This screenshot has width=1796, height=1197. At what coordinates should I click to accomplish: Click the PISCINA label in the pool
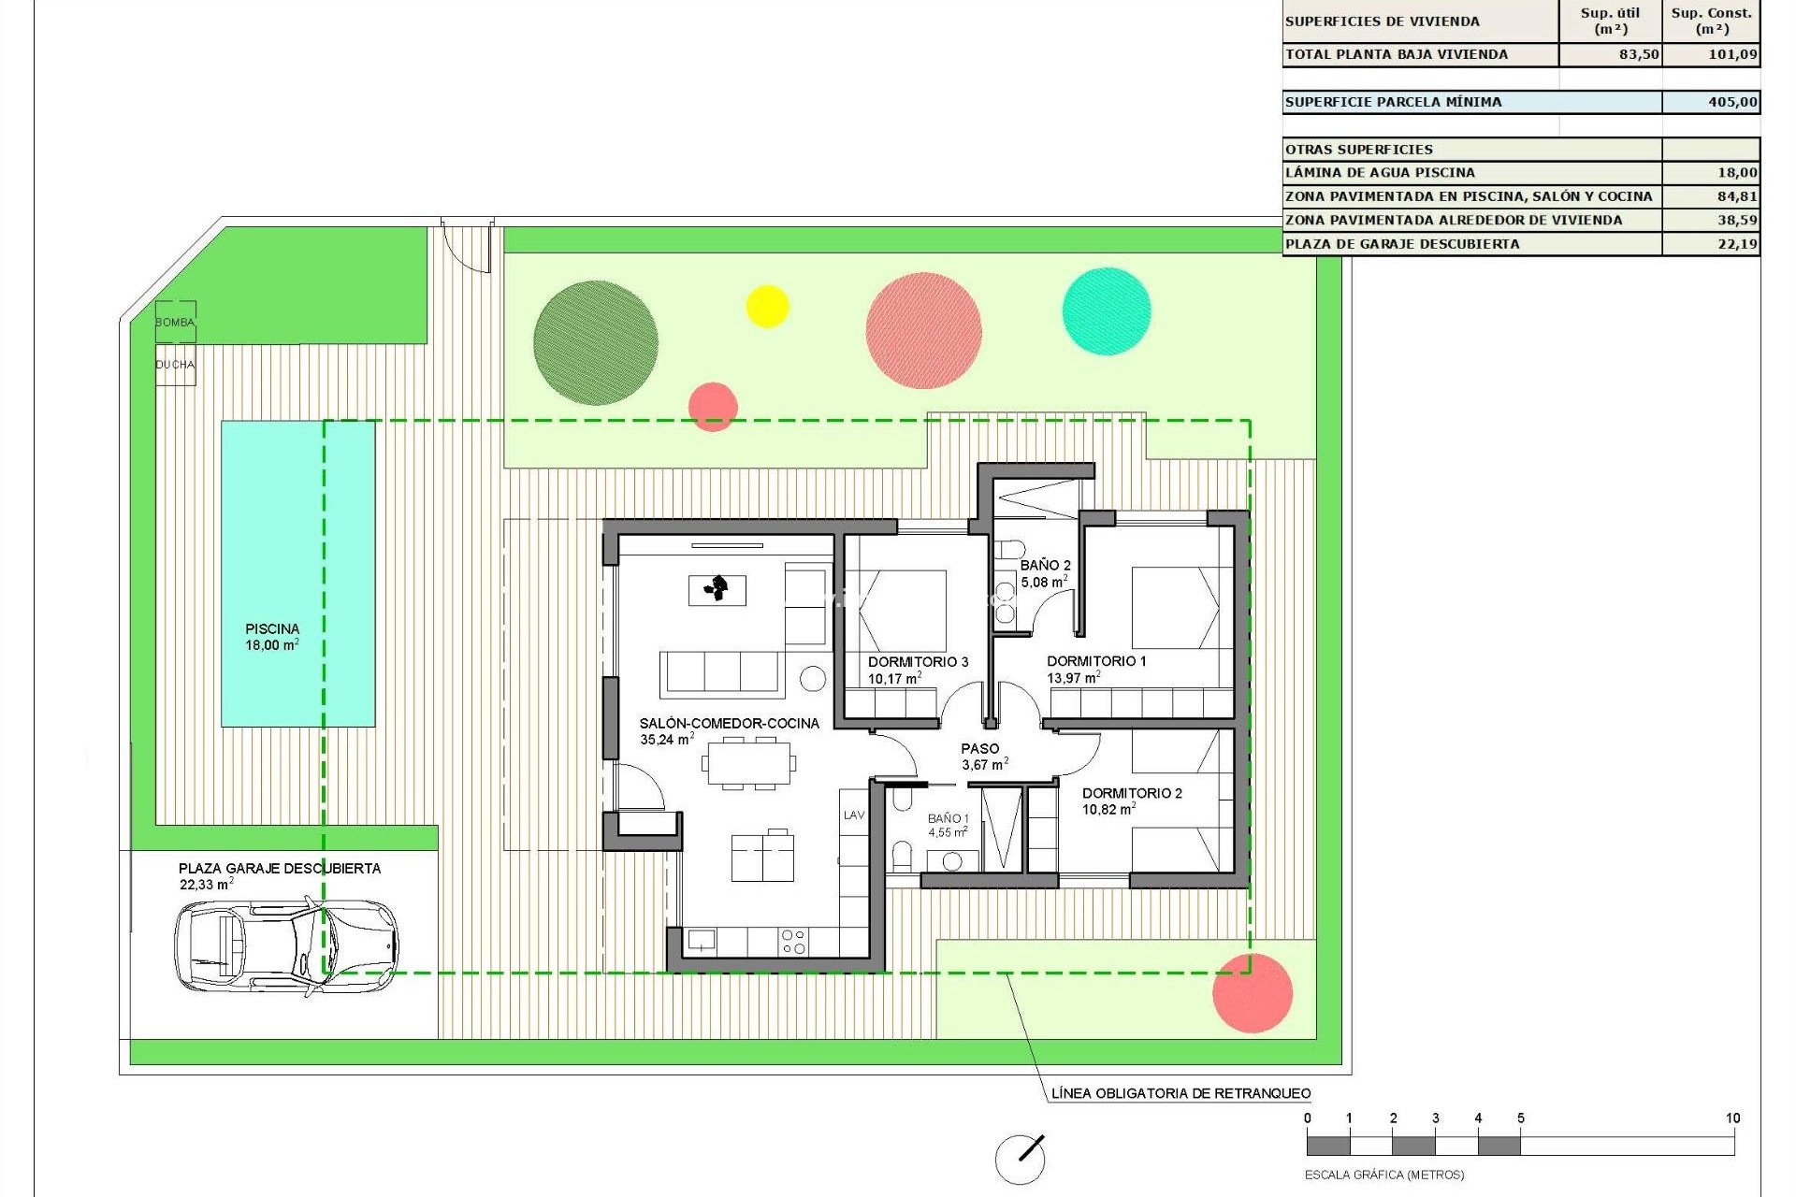(x=272, y=629)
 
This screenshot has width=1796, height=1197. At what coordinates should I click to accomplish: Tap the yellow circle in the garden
(x=767, y=306)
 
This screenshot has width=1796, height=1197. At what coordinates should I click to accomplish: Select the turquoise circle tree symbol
(x=1107, y=311)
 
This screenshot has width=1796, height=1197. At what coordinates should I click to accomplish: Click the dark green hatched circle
(x=596, y=343)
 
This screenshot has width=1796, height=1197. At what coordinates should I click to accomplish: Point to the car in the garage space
(x=286, y=945)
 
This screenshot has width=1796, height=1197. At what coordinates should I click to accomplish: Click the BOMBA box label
(x=175, y=323)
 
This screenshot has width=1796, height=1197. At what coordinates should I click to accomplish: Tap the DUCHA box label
(x=175, y=365)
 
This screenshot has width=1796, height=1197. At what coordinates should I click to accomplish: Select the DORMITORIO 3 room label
(x=918, y=662)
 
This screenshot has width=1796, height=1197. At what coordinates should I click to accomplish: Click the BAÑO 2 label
(x=1045, y=566)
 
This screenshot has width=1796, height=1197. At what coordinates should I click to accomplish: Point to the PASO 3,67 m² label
(x=981, y=757)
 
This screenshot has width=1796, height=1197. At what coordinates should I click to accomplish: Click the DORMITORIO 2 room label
(x=1132, y=794)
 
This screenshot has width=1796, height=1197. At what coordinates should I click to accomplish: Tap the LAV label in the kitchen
(x=854, y=815)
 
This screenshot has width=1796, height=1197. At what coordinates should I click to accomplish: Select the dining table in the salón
(x=749, y=763)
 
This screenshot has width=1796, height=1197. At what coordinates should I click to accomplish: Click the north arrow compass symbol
(x=1020, y=1159)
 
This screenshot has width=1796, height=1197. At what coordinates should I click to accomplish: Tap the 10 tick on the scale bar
(x=1732, y=1118)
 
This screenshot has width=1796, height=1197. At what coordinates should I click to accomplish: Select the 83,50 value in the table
(x=1639, y=54)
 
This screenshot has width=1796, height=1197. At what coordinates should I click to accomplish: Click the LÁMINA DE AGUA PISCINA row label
(x=1380, y=173)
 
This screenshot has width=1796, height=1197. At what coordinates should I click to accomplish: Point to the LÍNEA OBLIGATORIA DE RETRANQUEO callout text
(x=1180, y=1093)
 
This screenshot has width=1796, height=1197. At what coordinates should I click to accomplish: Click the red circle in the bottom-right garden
(x=1253, y=993)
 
